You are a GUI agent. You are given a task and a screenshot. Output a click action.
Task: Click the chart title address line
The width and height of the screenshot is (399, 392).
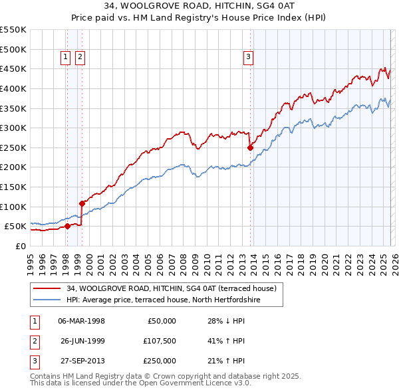tap(199, 7)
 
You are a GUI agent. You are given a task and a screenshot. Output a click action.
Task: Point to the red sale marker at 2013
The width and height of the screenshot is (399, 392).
tap(250, 148)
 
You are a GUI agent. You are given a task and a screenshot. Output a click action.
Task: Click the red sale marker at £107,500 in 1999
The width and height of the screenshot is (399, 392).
tap(82, 203)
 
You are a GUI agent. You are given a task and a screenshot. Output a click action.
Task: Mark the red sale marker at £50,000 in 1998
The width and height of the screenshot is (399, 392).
tap(67, 226)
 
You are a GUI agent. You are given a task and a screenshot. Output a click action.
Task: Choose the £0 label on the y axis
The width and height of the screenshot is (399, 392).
tap(20, 246)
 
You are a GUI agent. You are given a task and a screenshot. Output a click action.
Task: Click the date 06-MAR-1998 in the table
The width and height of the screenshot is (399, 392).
tap(81, 321)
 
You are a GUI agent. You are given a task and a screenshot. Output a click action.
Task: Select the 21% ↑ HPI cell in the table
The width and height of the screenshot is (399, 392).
tap(226, 361)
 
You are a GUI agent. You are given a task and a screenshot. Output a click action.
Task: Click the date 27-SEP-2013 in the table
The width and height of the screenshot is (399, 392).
tap(81, 361)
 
